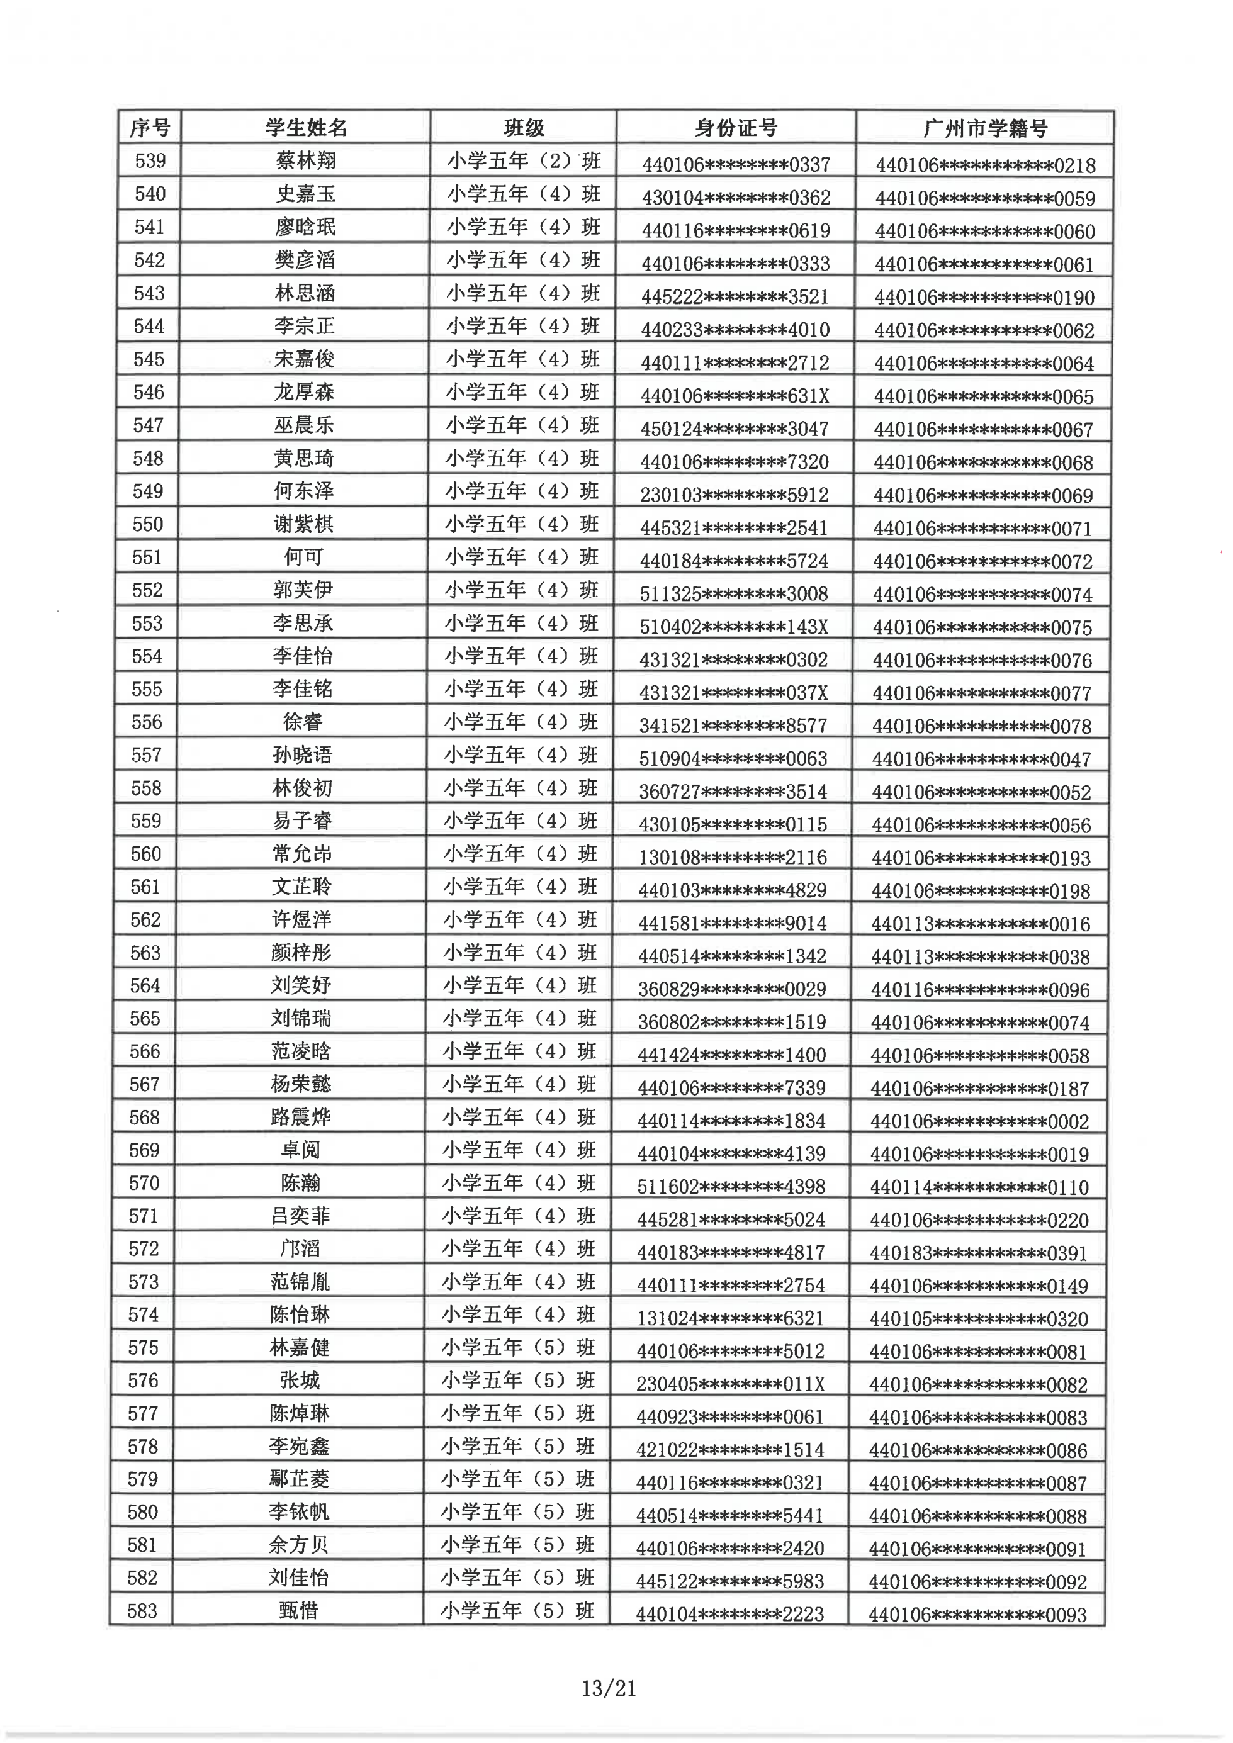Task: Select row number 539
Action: (150, 161)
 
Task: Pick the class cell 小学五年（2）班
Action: (523, 161)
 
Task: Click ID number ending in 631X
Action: (734, 396)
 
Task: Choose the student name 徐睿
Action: (302, 722)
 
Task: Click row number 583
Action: (142, 1610)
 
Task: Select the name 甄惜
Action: (298, 1610)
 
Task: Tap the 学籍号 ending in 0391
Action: (979, 1253)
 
